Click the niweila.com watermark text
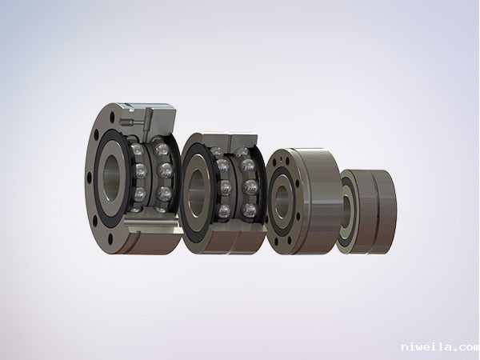[440, 347]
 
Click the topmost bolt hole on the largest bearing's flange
[112, 116]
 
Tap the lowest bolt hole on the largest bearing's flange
[110, 238]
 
